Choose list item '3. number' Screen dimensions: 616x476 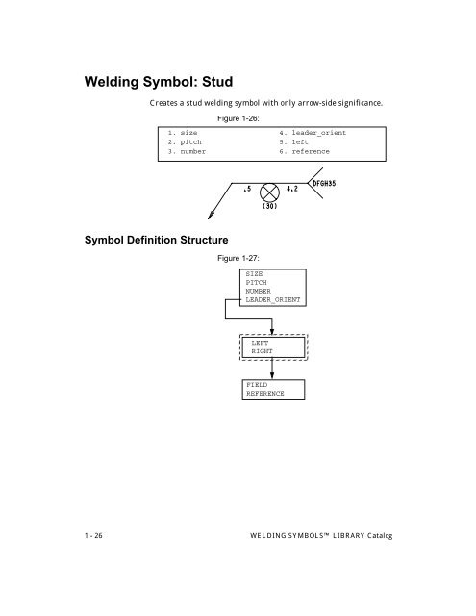[188, 153]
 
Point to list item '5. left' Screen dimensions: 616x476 [293, 144]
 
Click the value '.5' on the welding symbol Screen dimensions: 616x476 [246, 190]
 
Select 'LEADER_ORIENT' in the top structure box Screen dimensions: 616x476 [272, 300]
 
